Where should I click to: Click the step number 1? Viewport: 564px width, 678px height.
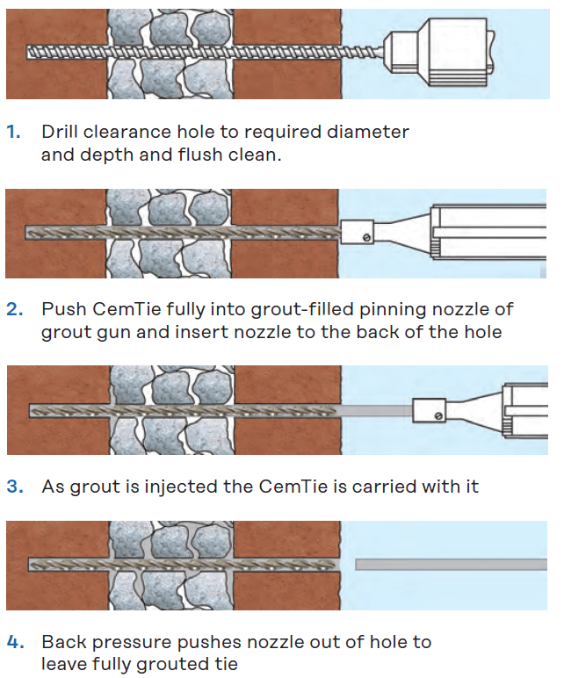tap(12, 132)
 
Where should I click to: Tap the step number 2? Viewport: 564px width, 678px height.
tap(12, 309)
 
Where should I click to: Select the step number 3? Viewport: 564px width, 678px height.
tap(12, 486)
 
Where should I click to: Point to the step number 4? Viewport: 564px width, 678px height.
tap(13, 642)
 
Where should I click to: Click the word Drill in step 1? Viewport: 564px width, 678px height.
tap(61, 132)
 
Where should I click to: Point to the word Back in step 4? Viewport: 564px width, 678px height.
tap(63, 642)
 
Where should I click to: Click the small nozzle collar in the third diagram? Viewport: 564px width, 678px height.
tap(429, 408)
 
